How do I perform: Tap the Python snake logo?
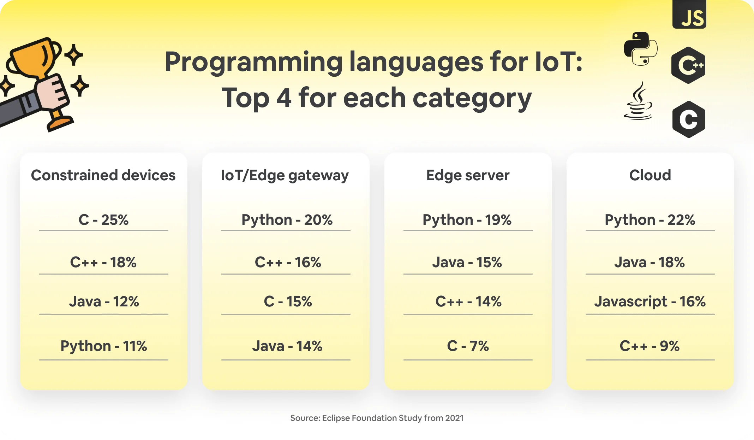pyautogui.click(x=640, y=49)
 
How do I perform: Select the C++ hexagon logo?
pyautogui.click(x=688, y=65)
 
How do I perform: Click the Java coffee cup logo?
pyautogui.click(x=638, y=101)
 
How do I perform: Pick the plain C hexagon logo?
pyautogui.click(x=689, y=119)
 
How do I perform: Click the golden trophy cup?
pyautogui.click(x=34, y=58)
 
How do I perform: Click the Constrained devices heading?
pyautogui.click(x=103, y=175)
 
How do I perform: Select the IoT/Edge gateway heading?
pyautogui.click(x=285, y=175)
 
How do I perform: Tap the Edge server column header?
pyautogui.click(x=468, y=175)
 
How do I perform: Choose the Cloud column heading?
pyautogui.click(x=650, y=175)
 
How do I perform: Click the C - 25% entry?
pyautogui.click(x=103, y=220)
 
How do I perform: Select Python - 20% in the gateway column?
pyautogui.click(x=287, y=220)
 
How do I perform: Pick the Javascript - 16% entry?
pyautogui.click(x=650, y=301)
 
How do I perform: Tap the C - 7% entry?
pyautogui.click(x=468, y=346)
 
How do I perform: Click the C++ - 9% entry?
pyautogui.click(x=650, y=346)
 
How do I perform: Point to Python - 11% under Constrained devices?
pyautogui.click(x=103, y=346)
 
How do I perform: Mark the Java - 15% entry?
pyautogui.click(x=467, y=262)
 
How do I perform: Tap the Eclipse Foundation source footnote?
pyautogui.click(x=377, y=418)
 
